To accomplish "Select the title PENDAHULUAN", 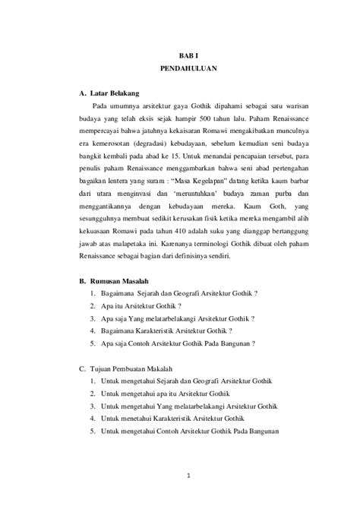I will point(188,68).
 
